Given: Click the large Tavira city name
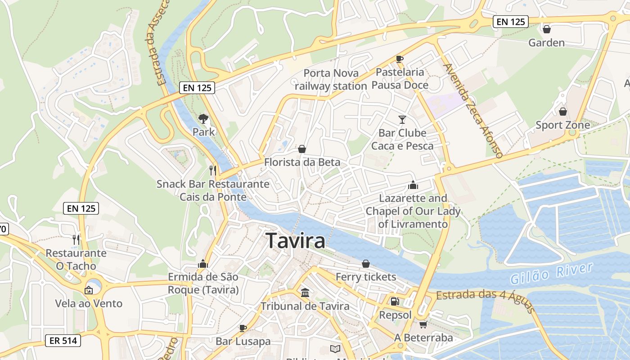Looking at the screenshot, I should coord(295,241).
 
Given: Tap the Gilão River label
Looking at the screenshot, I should coord(551,274).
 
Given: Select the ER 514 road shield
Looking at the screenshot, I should coord(63,341).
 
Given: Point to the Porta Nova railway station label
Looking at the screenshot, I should coord(331,80).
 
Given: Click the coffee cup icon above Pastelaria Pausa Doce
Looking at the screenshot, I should coord(399,59).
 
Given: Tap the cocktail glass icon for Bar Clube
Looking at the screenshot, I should coord(402,119).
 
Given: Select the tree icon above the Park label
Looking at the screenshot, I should coord(203,119).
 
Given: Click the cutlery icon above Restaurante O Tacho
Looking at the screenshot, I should coord(76,239).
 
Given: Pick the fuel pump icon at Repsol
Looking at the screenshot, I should coord(395,301).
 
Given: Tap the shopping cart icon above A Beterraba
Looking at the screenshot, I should coord(423,324).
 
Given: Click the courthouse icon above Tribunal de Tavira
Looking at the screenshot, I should coord(305,292).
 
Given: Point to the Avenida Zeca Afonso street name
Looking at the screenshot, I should coord(473,111).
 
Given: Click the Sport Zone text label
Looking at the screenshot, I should coord(562,125).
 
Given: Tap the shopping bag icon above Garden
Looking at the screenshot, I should coord(547,29).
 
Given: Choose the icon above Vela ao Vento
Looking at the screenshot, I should coord(89,290).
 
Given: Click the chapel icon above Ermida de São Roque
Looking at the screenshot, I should coord(203,263).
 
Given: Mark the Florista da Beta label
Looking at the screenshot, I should coord(302,162).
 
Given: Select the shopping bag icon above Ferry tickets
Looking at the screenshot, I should coord(366,263).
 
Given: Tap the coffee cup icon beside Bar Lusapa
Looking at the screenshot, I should coord(243,328).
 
